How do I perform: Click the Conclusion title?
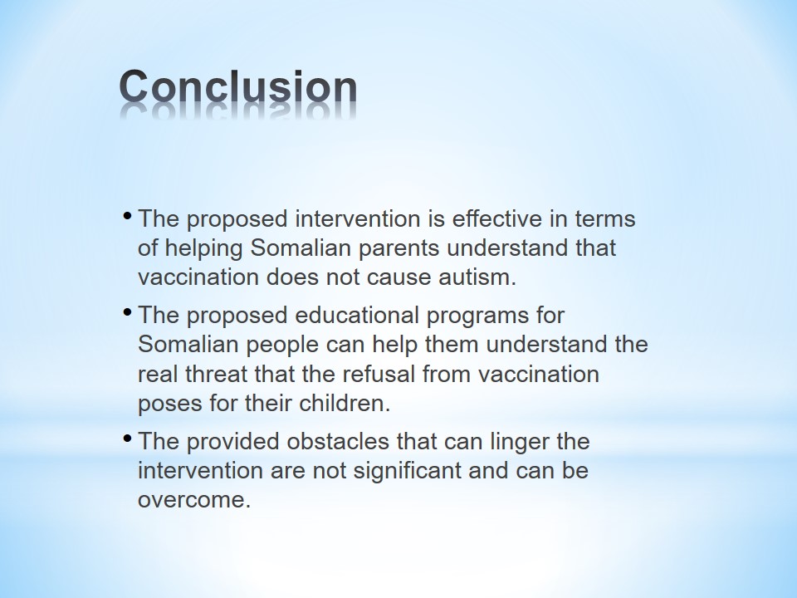(x=238, y=87)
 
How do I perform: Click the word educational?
(x=357, y=316)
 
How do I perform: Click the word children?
(x=344, y=404)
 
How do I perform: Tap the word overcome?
(x=194, y=500)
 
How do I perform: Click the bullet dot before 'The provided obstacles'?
(x=128, y=437)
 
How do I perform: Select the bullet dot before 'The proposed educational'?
(x=128, y=310)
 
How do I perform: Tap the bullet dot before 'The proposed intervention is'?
(x=128, y=214)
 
